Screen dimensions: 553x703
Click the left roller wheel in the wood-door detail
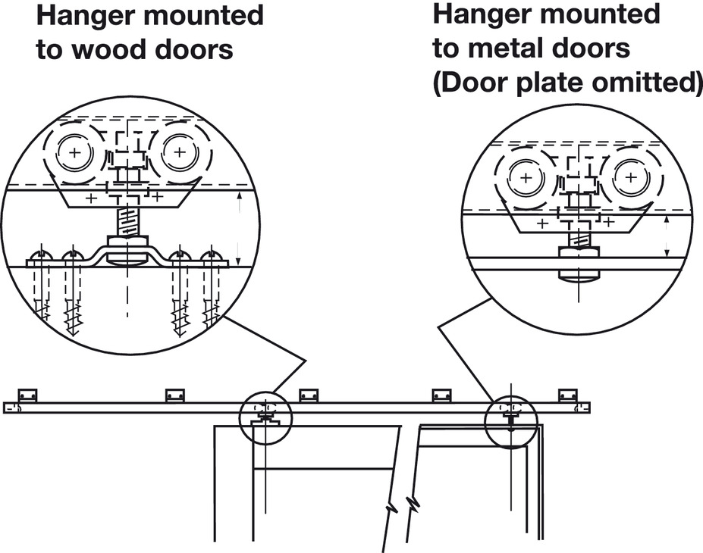coord(74,153)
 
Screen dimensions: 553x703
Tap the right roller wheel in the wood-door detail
coord(179,153)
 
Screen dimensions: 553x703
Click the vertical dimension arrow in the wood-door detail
coord(240,226)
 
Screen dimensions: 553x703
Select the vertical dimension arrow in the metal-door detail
coord(667,235)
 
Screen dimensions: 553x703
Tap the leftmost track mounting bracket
coord(28,395)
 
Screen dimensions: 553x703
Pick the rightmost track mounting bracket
coord(567,395)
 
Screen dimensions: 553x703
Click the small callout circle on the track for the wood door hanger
coord(265,416)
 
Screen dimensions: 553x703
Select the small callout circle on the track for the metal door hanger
coord(510,420)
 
